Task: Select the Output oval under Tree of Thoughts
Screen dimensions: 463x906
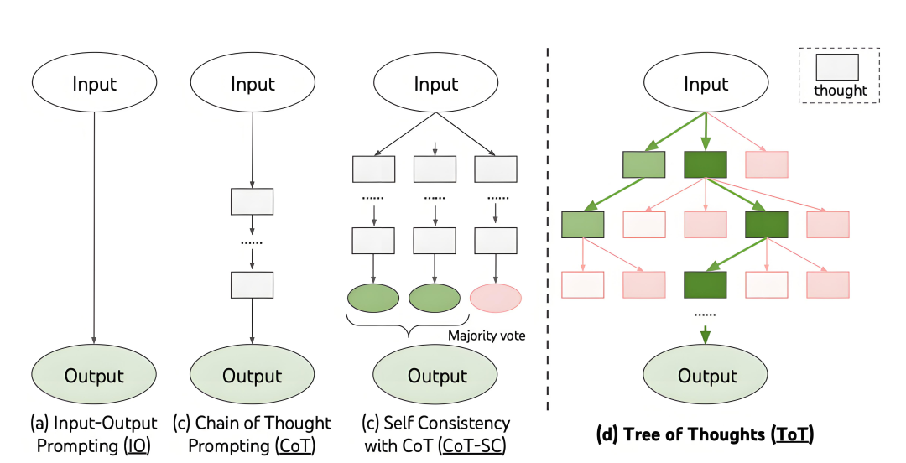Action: tap(706, 376)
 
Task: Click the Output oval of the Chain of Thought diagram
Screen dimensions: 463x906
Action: tap(253, 376)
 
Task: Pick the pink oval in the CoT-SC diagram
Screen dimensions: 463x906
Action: tap(496, 298)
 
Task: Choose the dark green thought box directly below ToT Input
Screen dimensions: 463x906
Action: tap(706, 165)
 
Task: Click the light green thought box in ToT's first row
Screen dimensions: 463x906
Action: tap(644, 165)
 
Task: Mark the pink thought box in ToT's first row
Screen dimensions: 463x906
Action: tap(767, 165)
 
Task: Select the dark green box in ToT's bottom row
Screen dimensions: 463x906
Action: tap(706, 284)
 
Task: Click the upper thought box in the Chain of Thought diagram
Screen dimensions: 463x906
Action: tap(252, 202)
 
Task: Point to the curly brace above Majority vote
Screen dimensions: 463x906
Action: tap(408, 325)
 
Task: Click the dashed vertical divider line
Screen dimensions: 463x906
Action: tap(549, 226)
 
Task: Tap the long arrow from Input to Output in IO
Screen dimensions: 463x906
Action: tap(94, 226)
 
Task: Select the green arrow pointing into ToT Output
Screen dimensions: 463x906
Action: tap(706, 333)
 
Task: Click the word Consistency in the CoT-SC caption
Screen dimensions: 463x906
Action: tap(464, 423)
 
